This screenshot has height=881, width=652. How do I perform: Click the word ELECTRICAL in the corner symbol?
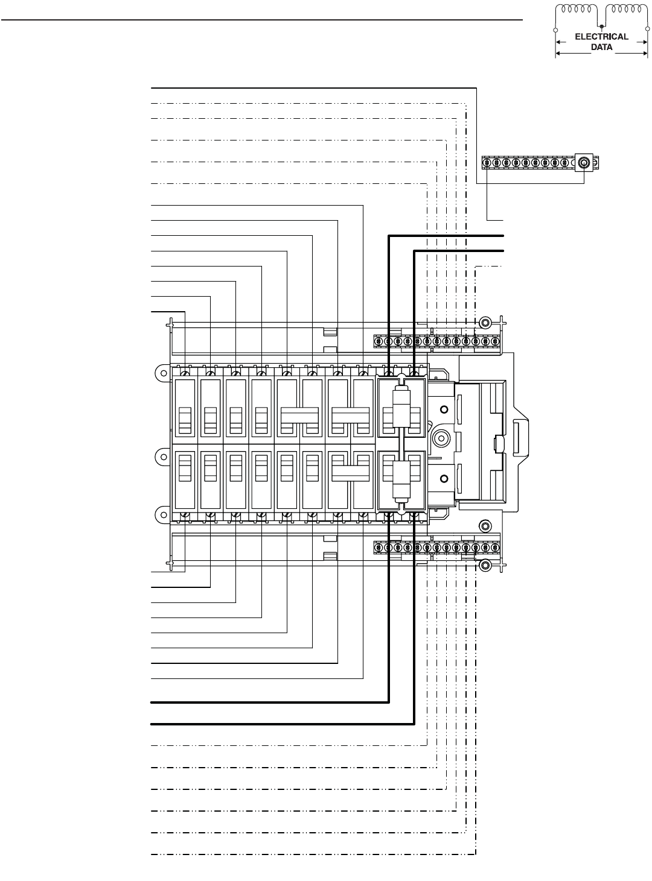point(601,36)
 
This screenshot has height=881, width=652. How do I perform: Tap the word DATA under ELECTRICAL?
point(601,46)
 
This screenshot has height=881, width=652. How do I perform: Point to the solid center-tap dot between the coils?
point(602,26)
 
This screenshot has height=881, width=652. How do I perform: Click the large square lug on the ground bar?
point(584,163)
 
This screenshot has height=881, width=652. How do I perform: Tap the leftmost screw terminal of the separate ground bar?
point(487,163)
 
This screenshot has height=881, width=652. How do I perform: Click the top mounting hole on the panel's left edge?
point(161,372)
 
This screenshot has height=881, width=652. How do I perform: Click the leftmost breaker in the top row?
point(185,408)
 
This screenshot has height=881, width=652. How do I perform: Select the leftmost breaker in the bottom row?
point(185,478)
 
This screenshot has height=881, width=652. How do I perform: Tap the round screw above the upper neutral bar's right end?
point(484,321)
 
